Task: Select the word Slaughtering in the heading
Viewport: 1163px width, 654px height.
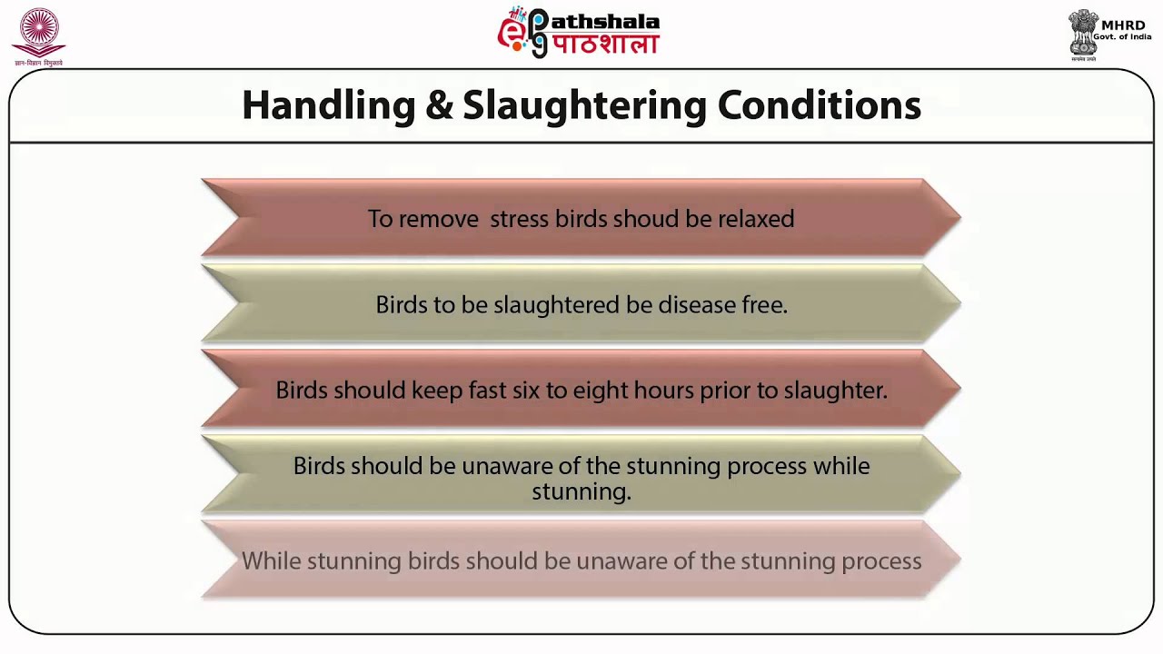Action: (x=584, y=106)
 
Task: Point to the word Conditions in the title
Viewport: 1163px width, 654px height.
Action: (x=819, y=106)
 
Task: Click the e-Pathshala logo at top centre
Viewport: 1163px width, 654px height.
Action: (x=579, y=33)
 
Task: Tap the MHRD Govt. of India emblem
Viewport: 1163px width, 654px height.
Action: (x=1084, y=35)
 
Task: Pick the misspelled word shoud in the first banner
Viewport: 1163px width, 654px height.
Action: (x=643, y=219)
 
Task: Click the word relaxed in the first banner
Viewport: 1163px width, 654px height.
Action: (x=756, y=219)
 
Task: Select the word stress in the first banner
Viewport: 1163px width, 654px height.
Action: (x=518, y=219)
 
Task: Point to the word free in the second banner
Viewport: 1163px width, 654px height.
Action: (x=764, y=305)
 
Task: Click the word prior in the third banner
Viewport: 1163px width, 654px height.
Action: (x=723, y=391)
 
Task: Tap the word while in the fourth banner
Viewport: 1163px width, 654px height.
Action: (x=841, y=466)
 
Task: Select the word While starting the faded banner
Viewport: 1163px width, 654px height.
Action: (x=271, y=561)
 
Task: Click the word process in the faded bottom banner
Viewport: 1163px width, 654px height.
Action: (x=881, y=561)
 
